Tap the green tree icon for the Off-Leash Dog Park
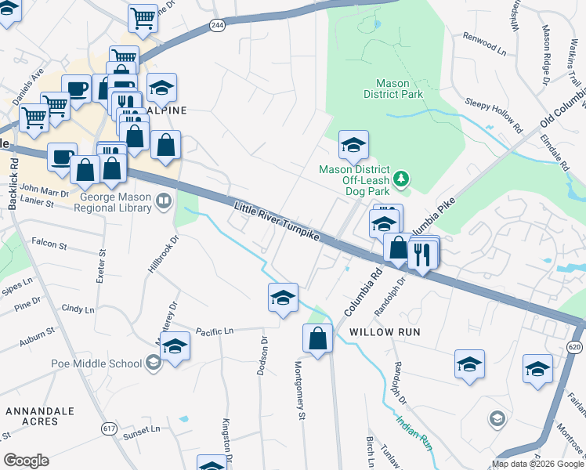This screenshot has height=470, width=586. (x=402, y=179)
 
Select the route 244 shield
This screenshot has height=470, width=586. (x=218, y=26)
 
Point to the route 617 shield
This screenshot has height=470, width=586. (x=109, y=428)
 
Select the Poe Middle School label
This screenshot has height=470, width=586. (x=96, y=363)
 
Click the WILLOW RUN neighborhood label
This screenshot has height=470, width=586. (x=385, y=332)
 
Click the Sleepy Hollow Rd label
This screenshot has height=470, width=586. (x=494, y=114)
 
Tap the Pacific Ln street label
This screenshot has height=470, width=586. (x=215, y=332)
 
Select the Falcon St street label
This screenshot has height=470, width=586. (x=49, y=245)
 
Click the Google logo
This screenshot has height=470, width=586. (x=27, y=460)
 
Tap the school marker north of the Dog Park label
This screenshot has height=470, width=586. (x=353, y=145)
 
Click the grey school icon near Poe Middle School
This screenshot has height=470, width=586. (x=153, y=362)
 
